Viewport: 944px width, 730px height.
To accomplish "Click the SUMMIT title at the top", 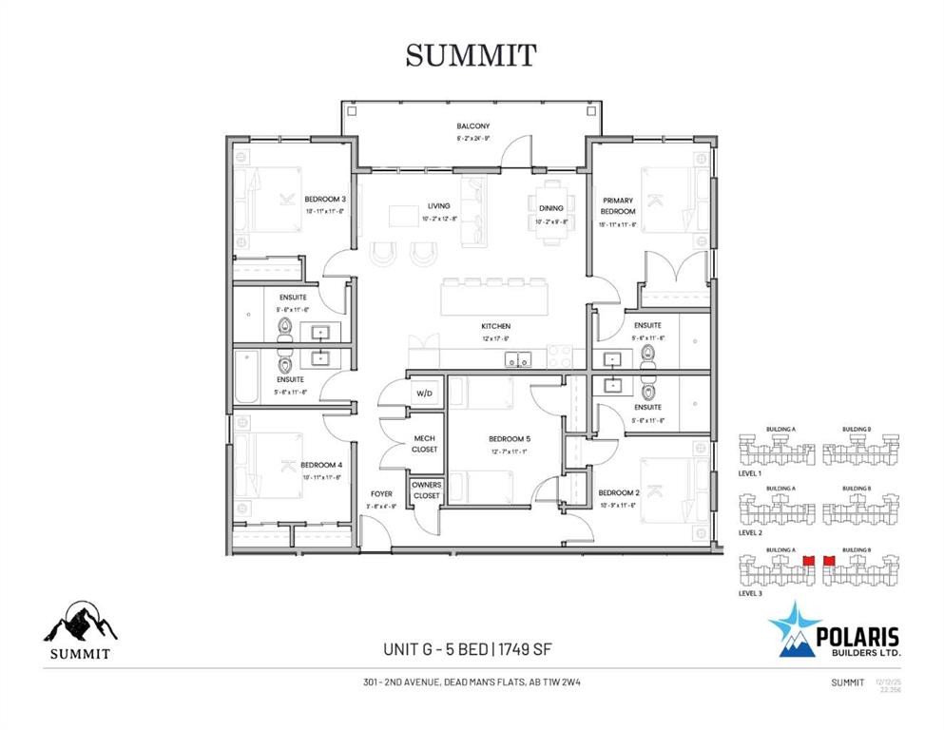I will point(471,55).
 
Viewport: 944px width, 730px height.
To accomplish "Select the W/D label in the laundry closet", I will point(423,393).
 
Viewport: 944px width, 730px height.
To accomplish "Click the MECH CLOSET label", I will point(424,443).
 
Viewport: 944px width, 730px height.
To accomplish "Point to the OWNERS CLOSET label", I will point(426,490).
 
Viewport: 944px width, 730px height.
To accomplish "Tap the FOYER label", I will point(381,494).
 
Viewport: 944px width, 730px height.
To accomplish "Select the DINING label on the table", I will point(550,207).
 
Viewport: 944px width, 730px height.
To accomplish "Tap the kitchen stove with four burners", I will point(560,359).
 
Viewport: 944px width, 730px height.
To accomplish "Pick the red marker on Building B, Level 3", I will point(827,562).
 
